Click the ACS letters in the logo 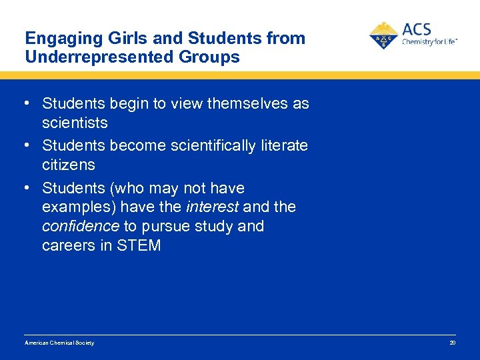point(417,30)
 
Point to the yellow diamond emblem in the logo point(383,35)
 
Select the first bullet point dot point(25,103)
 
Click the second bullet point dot point(25,145)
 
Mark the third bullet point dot point(25,188)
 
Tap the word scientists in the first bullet point(75,123)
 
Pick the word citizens point(69,165)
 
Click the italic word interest point(213,207)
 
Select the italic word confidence point(80,227)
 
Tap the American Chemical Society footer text point(59,343)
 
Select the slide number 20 point(452,343)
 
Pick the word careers point(67,246)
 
